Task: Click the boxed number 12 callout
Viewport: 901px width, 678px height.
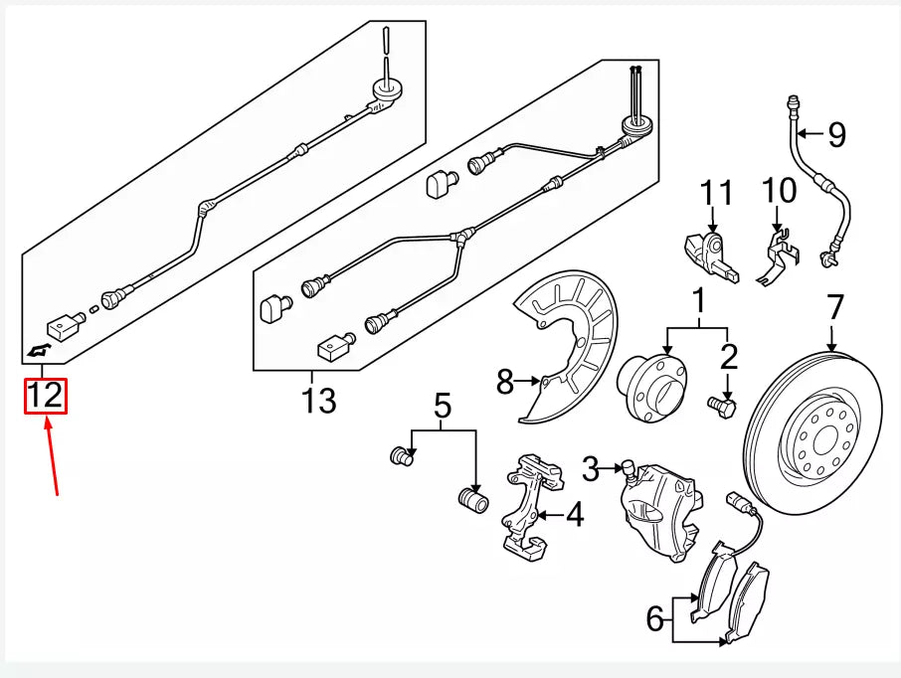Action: pyautogui.click(x=46, y=396)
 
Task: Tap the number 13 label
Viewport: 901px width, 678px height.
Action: pyautogui.click(x=318, y=401)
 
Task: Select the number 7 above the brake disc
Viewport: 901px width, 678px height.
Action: pyautogui.click(x=834, y=307)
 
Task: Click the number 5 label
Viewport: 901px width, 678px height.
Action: pyautogui.click(x=443, y=405)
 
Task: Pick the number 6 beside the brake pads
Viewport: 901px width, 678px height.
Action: pyautogui.click(x=653, y=619)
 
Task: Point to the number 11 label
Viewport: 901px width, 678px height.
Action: pyautogui.click(x=714, y=191)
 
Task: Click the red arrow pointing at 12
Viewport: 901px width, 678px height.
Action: pyautogui.click(x=52, y=456)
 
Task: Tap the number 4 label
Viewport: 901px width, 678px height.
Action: pyautogui.click(x=575, y=515)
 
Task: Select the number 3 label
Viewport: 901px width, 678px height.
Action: pyautogui.click(x=591, y=467)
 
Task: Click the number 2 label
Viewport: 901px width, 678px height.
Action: pyautogui.click(x=729, y=355)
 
